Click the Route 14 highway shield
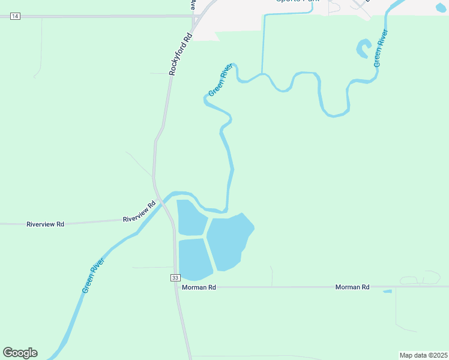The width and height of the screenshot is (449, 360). pos(15,16)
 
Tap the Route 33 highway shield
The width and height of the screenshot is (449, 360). pos(175,277)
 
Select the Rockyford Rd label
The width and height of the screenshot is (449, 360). pos(179,53)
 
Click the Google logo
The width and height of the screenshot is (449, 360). pos(20,353)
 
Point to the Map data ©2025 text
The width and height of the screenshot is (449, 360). pos(423,355)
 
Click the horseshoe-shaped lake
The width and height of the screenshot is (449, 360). pos(363,49)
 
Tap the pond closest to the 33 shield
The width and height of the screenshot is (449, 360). pos(194,259)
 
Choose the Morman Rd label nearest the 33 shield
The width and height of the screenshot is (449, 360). pos(199,287)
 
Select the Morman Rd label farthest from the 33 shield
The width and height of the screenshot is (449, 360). pos(352,287)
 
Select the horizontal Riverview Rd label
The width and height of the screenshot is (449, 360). pos(45,224)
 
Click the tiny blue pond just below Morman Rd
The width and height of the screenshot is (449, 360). pos(387,292)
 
